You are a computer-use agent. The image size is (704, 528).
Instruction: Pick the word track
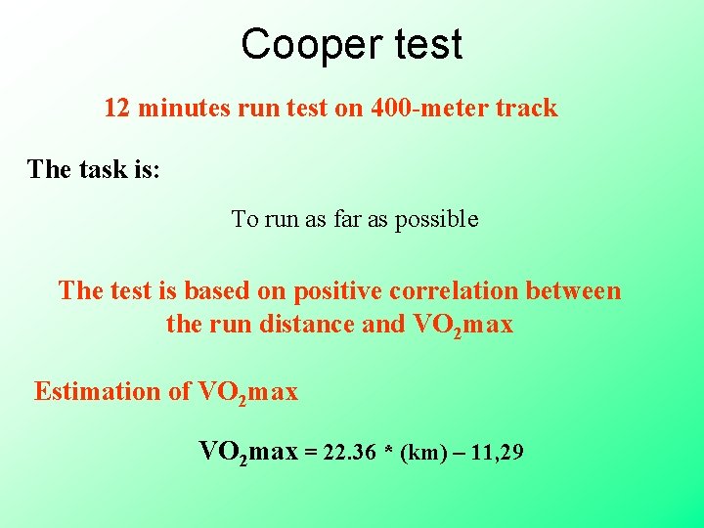coord(526,108)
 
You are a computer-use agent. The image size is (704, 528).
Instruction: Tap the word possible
coord(437,219)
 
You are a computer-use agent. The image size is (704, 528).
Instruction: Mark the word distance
coord(309,324)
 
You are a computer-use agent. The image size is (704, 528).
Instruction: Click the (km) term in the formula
coord(421,453)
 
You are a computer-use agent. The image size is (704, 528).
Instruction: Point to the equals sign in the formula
coord(311,453)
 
